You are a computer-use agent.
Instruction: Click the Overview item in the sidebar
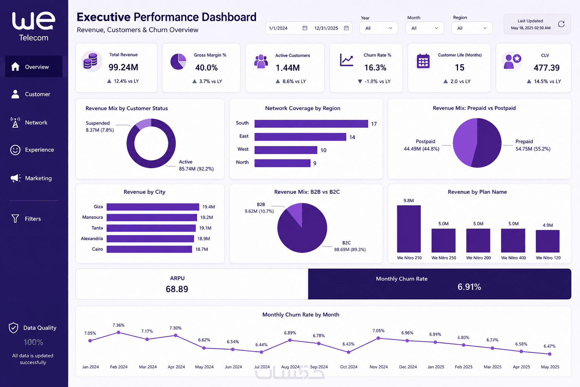34,67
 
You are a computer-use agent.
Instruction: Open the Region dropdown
472,28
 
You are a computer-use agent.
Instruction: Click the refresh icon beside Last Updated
561,24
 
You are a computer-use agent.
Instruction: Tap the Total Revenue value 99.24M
123,67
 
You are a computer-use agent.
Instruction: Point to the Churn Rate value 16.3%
375,68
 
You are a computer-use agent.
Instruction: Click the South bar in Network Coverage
311,124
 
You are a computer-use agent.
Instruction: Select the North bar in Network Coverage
282,163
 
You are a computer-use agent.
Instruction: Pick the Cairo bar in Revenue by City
150,249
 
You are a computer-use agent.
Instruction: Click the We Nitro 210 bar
409,229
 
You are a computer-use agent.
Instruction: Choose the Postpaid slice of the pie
464,142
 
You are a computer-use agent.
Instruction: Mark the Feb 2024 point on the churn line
119,332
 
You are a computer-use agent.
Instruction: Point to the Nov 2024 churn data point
378,338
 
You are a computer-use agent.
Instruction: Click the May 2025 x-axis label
550,367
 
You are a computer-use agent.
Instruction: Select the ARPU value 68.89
177,289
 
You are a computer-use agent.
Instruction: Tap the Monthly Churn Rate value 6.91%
469,287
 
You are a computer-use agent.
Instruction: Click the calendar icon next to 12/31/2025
346,28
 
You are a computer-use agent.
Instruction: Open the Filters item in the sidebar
26,218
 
